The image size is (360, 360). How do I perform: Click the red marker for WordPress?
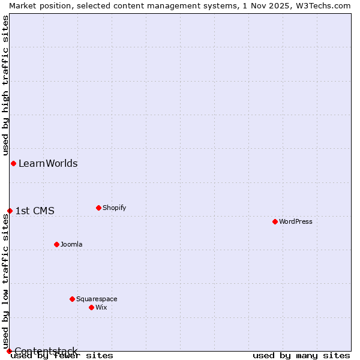(x=275, y=221)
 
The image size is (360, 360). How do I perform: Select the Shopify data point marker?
(x=98, y=208)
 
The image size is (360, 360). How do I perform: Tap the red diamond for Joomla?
(x=56, y=244)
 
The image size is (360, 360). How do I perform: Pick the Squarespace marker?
(x=72, y=299)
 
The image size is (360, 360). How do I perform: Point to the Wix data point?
(x=91, y=307)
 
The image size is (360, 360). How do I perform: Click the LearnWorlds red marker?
(x=13, y=163)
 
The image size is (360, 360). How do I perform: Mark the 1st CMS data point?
(x=10, y=211)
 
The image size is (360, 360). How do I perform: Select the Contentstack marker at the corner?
(x=9, y=351)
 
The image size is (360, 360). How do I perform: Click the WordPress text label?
(x=296, y=221)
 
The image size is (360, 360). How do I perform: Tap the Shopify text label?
(x=115, y=208)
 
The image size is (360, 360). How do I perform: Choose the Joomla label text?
(x=71, y=244)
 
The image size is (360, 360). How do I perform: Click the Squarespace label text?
(x=97, y=299)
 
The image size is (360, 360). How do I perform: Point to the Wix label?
(x=101, y=307)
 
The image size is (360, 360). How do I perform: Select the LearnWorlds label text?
(x=48, y=163)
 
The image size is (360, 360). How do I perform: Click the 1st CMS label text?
(x=35, y=211)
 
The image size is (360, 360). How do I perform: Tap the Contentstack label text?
(x=46, y=351)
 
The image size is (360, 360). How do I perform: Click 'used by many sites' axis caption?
(x=301, y=356)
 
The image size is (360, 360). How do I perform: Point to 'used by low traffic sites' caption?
(x=5, y=283)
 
